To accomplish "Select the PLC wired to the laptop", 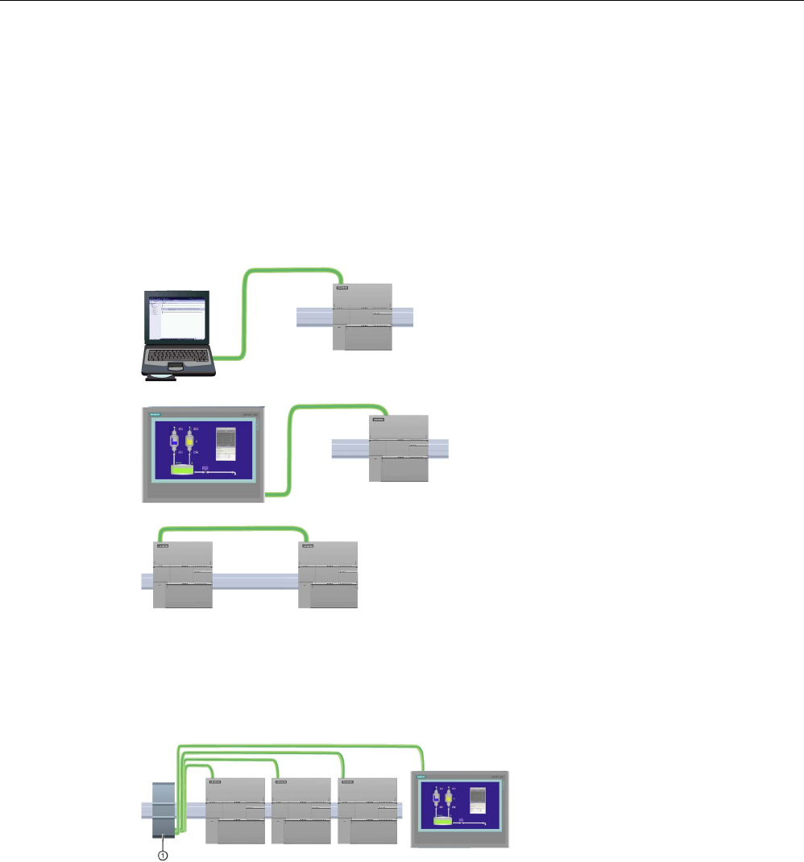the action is coord(362,317).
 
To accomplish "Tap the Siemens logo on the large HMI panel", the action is coord(155,415).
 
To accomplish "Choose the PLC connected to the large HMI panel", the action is coord(399,449).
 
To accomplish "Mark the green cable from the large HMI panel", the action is coord(292,451).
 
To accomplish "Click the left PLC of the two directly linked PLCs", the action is coord(183,574).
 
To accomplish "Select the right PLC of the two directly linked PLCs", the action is coord(328,574).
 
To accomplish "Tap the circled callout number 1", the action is coord(163,856).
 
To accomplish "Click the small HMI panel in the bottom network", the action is coord(460,809).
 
